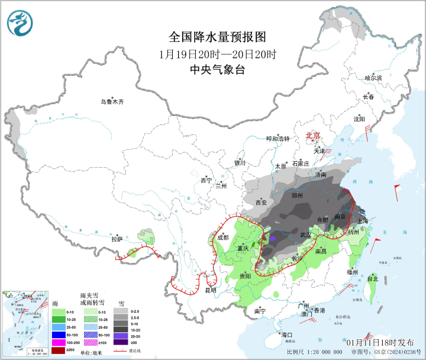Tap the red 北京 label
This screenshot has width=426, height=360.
point(312,136)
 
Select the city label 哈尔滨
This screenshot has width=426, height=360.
point(373,78)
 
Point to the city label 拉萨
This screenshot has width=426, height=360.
point(117,239)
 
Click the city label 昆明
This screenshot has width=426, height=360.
point(211,290)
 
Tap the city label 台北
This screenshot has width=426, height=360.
point(372,278)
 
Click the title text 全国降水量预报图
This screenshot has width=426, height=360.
point(209,37)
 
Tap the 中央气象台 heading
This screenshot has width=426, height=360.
point(209,70)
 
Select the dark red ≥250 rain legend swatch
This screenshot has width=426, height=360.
point(58,351)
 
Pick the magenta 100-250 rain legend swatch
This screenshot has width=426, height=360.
point(58,342)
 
